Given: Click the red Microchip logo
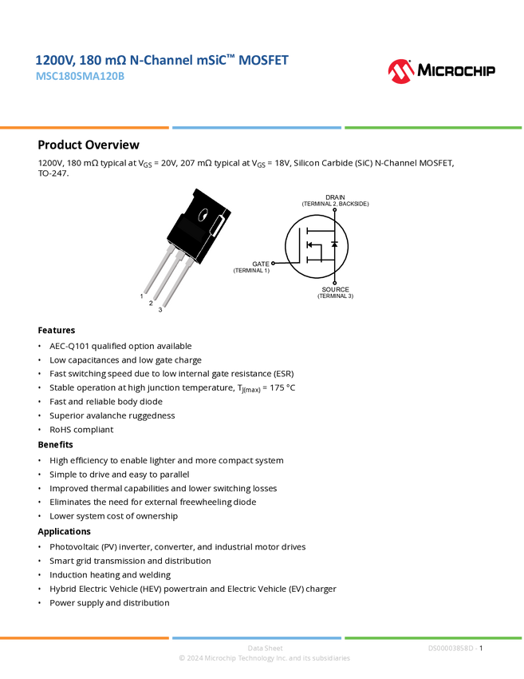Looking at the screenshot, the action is (400, 72).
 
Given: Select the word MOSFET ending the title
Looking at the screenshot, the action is (263, 60).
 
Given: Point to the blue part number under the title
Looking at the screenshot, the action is (80, 77).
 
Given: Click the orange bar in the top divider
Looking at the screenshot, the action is (85, 127).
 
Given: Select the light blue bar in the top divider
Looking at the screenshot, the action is (257, 127).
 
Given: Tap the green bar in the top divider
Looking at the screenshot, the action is (433, 127).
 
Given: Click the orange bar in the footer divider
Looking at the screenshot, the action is (85, 637).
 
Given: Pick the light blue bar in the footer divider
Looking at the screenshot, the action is (257, 637).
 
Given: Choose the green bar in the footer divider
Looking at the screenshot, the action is (433, 637).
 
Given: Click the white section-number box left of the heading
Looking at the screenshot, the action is (19, 145).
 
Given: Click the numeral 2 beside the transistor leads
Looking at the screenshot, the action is (151, 304).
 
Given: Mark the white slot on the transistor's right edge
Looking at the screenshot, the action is (218, 224).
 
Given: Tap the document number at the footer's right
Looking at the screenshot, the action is (452, 648).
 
